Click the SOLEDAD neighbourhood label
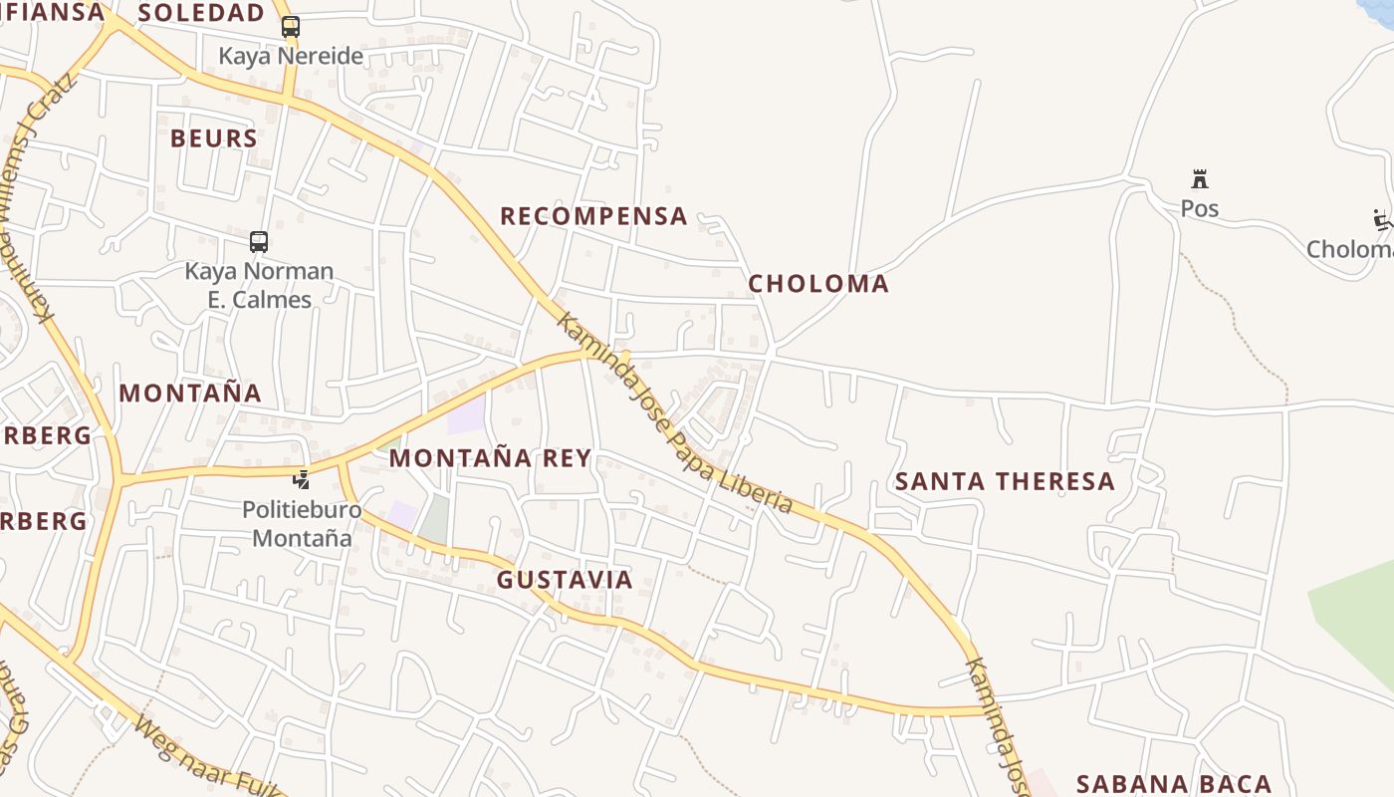click(201, 13)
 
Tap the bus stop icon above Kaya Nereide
click(290, 27)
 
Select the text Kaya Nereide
click(291, 56)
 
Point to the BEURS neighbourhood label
click(214, 138)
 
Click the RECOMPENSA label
click(593, 216)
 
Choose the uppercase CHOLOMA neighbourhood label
click(818, 284)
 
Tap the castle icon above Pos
click(1200, 180)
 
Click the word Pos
click(1200, 208)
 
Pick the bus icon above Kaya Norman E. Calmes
click(259, 242)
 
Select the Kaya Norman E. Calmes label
click(259, 285)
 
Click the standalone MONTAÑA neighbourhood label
click(190, 394)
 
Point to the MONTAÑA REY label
click(490, 458)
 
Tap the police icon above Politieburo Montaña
click(301, 480)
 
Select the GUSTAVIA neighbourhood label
click(565, 580)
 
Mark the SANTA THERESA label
click(1005, 482)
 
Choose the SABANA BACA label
click(1174, 784)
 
